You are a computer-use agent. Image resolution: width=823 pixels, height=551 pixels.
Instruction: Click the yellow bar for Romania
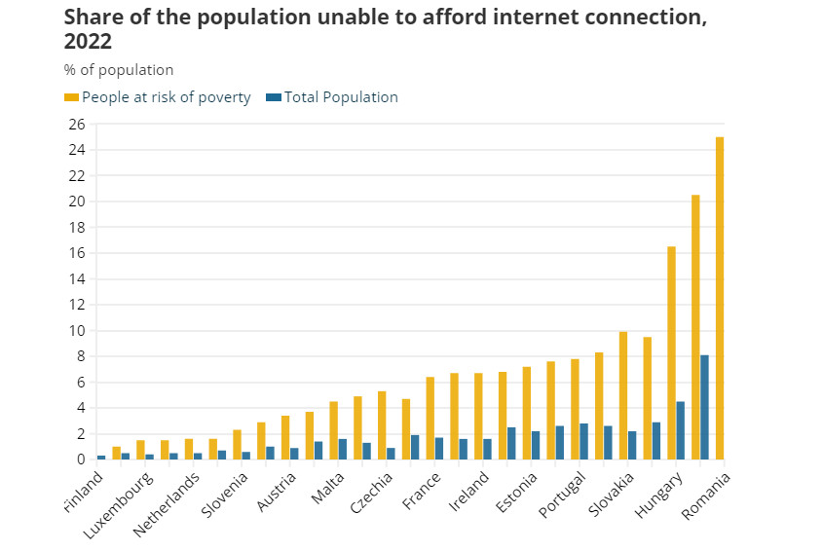click(x=720, y=298)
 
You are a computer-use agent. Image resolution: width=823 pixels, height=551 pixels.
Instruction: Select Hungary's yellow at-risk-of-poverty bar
click(x=671, y=352)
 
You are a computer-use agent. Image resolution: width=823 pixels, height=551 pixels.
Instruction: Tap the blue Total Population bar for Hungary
click(x=681, y=430)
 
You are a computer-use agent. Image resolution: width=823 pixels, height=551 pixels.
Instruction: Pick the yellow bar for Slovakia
click(x=623, y=395)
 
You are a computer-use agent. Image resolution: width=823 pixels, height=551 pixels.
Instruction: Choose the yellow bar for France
click(x=430, y=418)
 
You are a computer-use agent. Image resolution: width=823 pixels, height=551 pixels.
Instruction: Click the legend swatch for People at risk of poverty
click(x=71, y=97)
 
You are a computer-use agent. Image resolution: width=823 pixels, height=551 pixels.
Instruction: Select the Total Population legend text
click(x=341, y=97)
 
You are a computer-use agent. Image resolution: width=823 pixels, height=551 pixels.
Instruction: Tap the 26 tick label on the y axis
click(x=76, y=125)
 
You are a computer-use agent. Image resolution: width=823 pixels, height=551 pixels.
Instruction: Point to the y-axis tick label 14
click(x=76, y=279)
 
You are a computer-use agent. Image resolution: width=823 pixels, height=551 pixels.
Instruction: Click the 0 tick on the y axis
click(x=81, y=459)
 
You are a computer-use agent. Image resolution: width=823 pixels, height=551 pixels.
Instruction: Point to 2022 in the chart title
click(x=88, y=42)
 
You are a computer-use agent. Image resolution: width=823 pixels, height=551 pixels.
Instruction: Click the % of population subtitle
click(x=119, y=70)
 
